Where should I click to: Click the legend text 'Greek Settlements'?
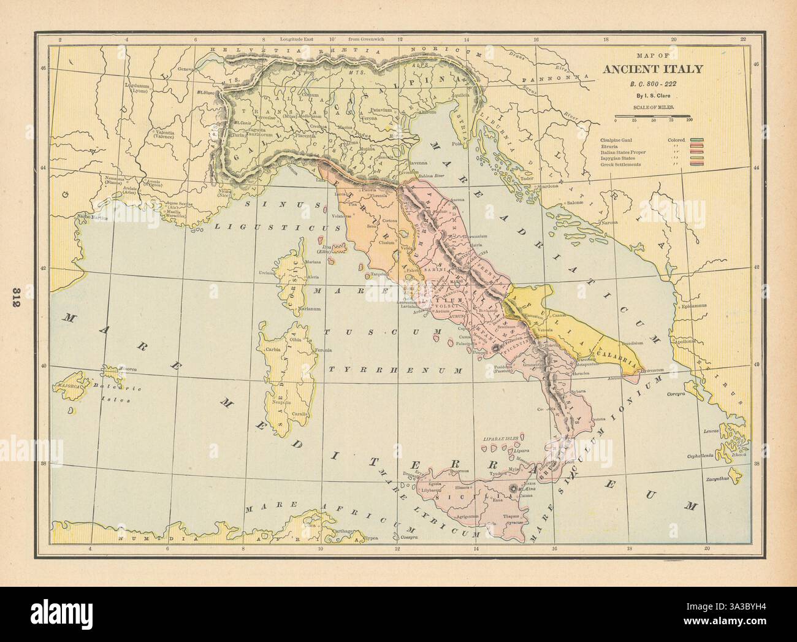coord(621,164)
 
